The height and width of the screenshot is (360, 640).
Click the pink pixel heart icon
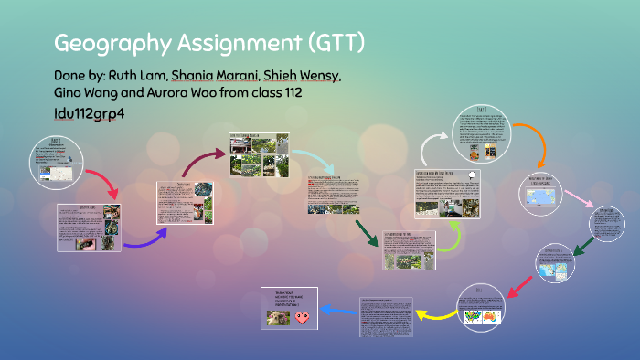point(302,318)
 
